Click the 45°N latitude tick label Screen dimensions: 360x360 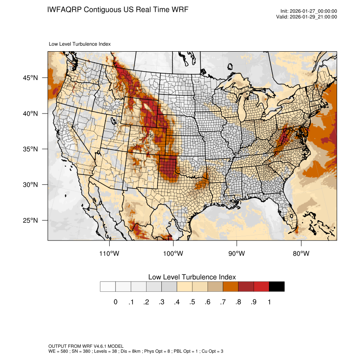tap(30, 78)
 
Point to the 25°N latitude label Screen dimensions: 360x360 tap(30, 220)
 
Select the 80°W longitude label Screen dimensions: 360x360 tap(301, 254)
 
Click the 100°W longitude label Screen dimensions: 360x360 tap(173, 254)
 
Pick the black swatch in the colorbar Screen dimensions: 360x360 tap(277, 287)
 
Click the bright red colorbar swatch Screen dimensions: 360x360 tap(261, 287)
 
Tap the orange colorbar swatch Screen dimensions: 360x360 tap(230, 287)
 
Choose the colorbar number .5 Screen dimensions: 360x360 tap(192, 302)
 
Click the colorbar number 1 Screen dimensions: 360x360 tap(269, 302)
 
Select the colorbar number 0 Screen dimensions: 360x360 tap(116, 302)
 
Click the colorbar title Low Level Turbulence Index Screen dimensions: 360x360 tap(192, 277)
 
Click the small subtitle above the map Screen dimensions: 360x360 tap(80, 44)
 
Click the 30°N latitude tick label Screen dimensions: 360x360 tap(30, 185)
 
